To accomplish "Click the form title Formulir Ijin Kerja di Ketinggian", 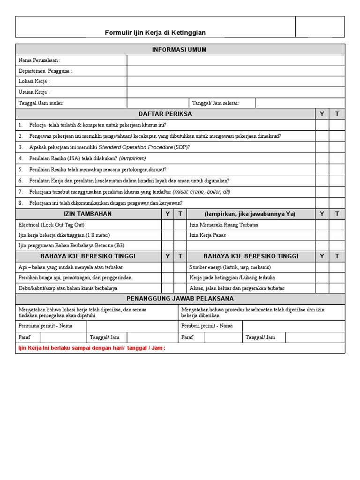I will click(x=155, y=32).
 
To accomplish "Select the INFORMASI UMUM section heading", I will click(x=180, y=50).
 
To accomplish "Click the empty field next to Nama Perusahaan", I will click(x=236, y=60).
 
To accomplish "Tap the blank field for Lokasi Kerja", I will click(x=236, y=82).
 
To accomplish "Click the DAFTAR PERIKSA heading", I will click(x=165, y=114).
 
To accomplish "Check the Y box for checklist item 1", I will click(x=322, y=125).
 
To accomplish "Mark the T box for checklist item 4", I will click(x=337, y=158).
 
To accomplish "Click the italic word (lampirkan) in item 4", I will click(x=133, y=158).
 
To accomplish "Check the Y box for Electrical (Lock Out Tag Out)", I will click(x=167, y=225).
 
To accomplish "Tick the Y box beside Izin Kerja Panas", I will click(x=322, y=235).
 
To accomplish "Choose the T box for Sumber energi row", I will click(x=337, y=267).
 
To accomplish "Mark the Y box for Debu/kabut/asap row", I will click(x=167, y=288).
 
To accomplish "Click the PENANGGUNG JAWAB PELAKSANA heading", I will click(x=180, y=299).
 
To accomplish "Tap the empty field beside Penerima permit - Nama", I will click(x=132, y=326).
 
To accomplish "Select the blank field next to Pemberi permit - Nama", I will click(x=293, y=326).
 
